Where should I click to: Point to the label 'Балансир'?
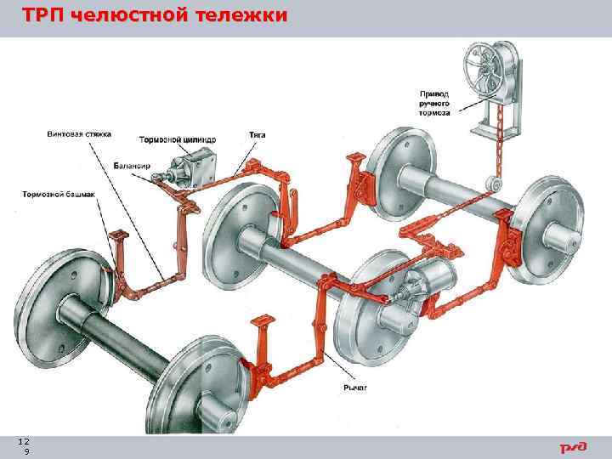131,164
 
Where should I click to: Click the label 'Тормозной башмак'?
59,194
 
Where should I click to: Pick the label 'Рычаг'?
354,387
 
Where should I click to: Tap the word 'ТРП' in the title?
42,16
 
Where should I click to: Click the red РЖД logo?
572,447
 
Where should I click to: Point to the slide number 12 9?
25,446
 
